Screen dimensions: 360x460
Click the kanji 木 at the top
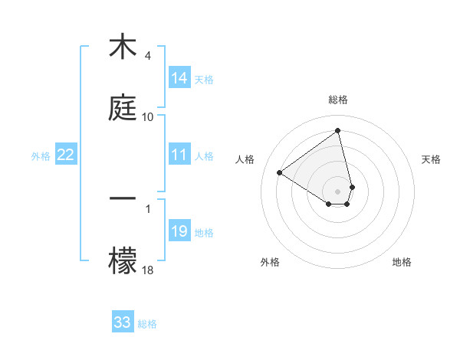[122, 47]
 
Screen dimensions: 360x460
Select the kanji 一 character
[123, 198]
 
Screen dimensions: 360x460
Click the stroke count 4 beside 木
[147, 56]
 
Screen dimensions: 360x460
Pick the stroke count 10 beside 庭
[147, 116]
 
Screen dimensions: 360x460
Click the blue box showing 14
[179, 78]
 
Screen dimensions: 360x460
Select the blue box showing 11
[179, 155]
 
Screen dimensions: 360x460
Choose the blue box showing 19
[179, 231]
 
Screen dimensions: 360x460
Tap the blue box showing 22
[66, 155]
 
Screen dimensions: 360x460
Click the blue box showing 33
[123, 322]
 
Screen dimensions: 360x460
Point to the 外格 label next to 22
[41, 156]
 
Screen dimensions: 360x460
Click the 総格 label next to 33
[147, 324]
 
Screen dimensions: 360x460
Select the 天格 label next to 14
[204, 80]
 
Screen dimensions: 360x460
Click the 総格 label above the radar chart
[338, 100]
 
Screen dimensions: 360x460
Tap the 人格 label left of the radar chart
[245, 159]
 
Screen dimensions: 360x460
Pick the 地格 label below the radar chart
[402, 262]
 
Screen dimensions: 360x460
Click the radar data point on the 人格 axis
[280, 172]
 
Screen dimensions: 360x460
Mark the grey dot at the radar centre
[338, 191]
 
